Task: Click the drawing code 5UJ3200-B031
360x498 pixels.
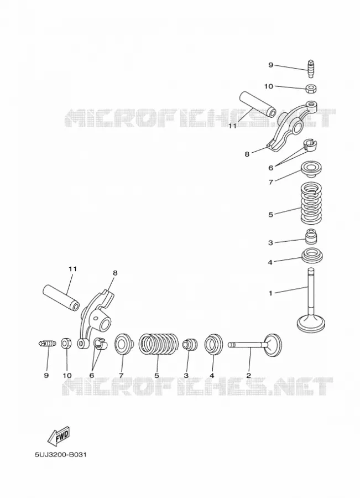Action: tap(61, 455)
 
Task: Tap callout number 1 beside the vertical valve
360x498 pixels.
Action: tap(270, 293)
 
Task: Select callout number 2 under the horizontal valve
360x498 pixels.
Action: tap(249, 375)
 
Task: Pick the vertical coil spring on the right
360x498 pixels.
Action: tap(311, 202)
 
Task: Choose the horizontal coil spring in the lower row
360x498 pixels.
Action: tap(159, 344)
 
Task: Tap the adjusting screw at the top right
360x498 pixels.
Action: tap(311, 68)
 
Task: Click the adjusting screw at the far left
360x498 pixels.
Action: tap(48, 343)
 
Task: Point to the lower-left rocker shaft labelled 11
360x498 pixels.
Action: tap(61, 298)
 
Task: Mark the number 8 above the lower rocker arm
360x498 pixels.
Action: tap(115, 273)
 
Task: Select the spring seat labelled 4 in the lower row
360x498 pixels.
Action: tap(212, 344)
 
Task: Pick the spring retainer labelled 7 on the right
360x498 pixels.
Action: tap(311, 169)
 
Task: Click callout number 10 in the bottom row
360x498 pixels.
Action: tap(67, 375)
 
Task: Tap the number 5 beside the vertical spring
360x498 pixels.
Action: tap(270, 215)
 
